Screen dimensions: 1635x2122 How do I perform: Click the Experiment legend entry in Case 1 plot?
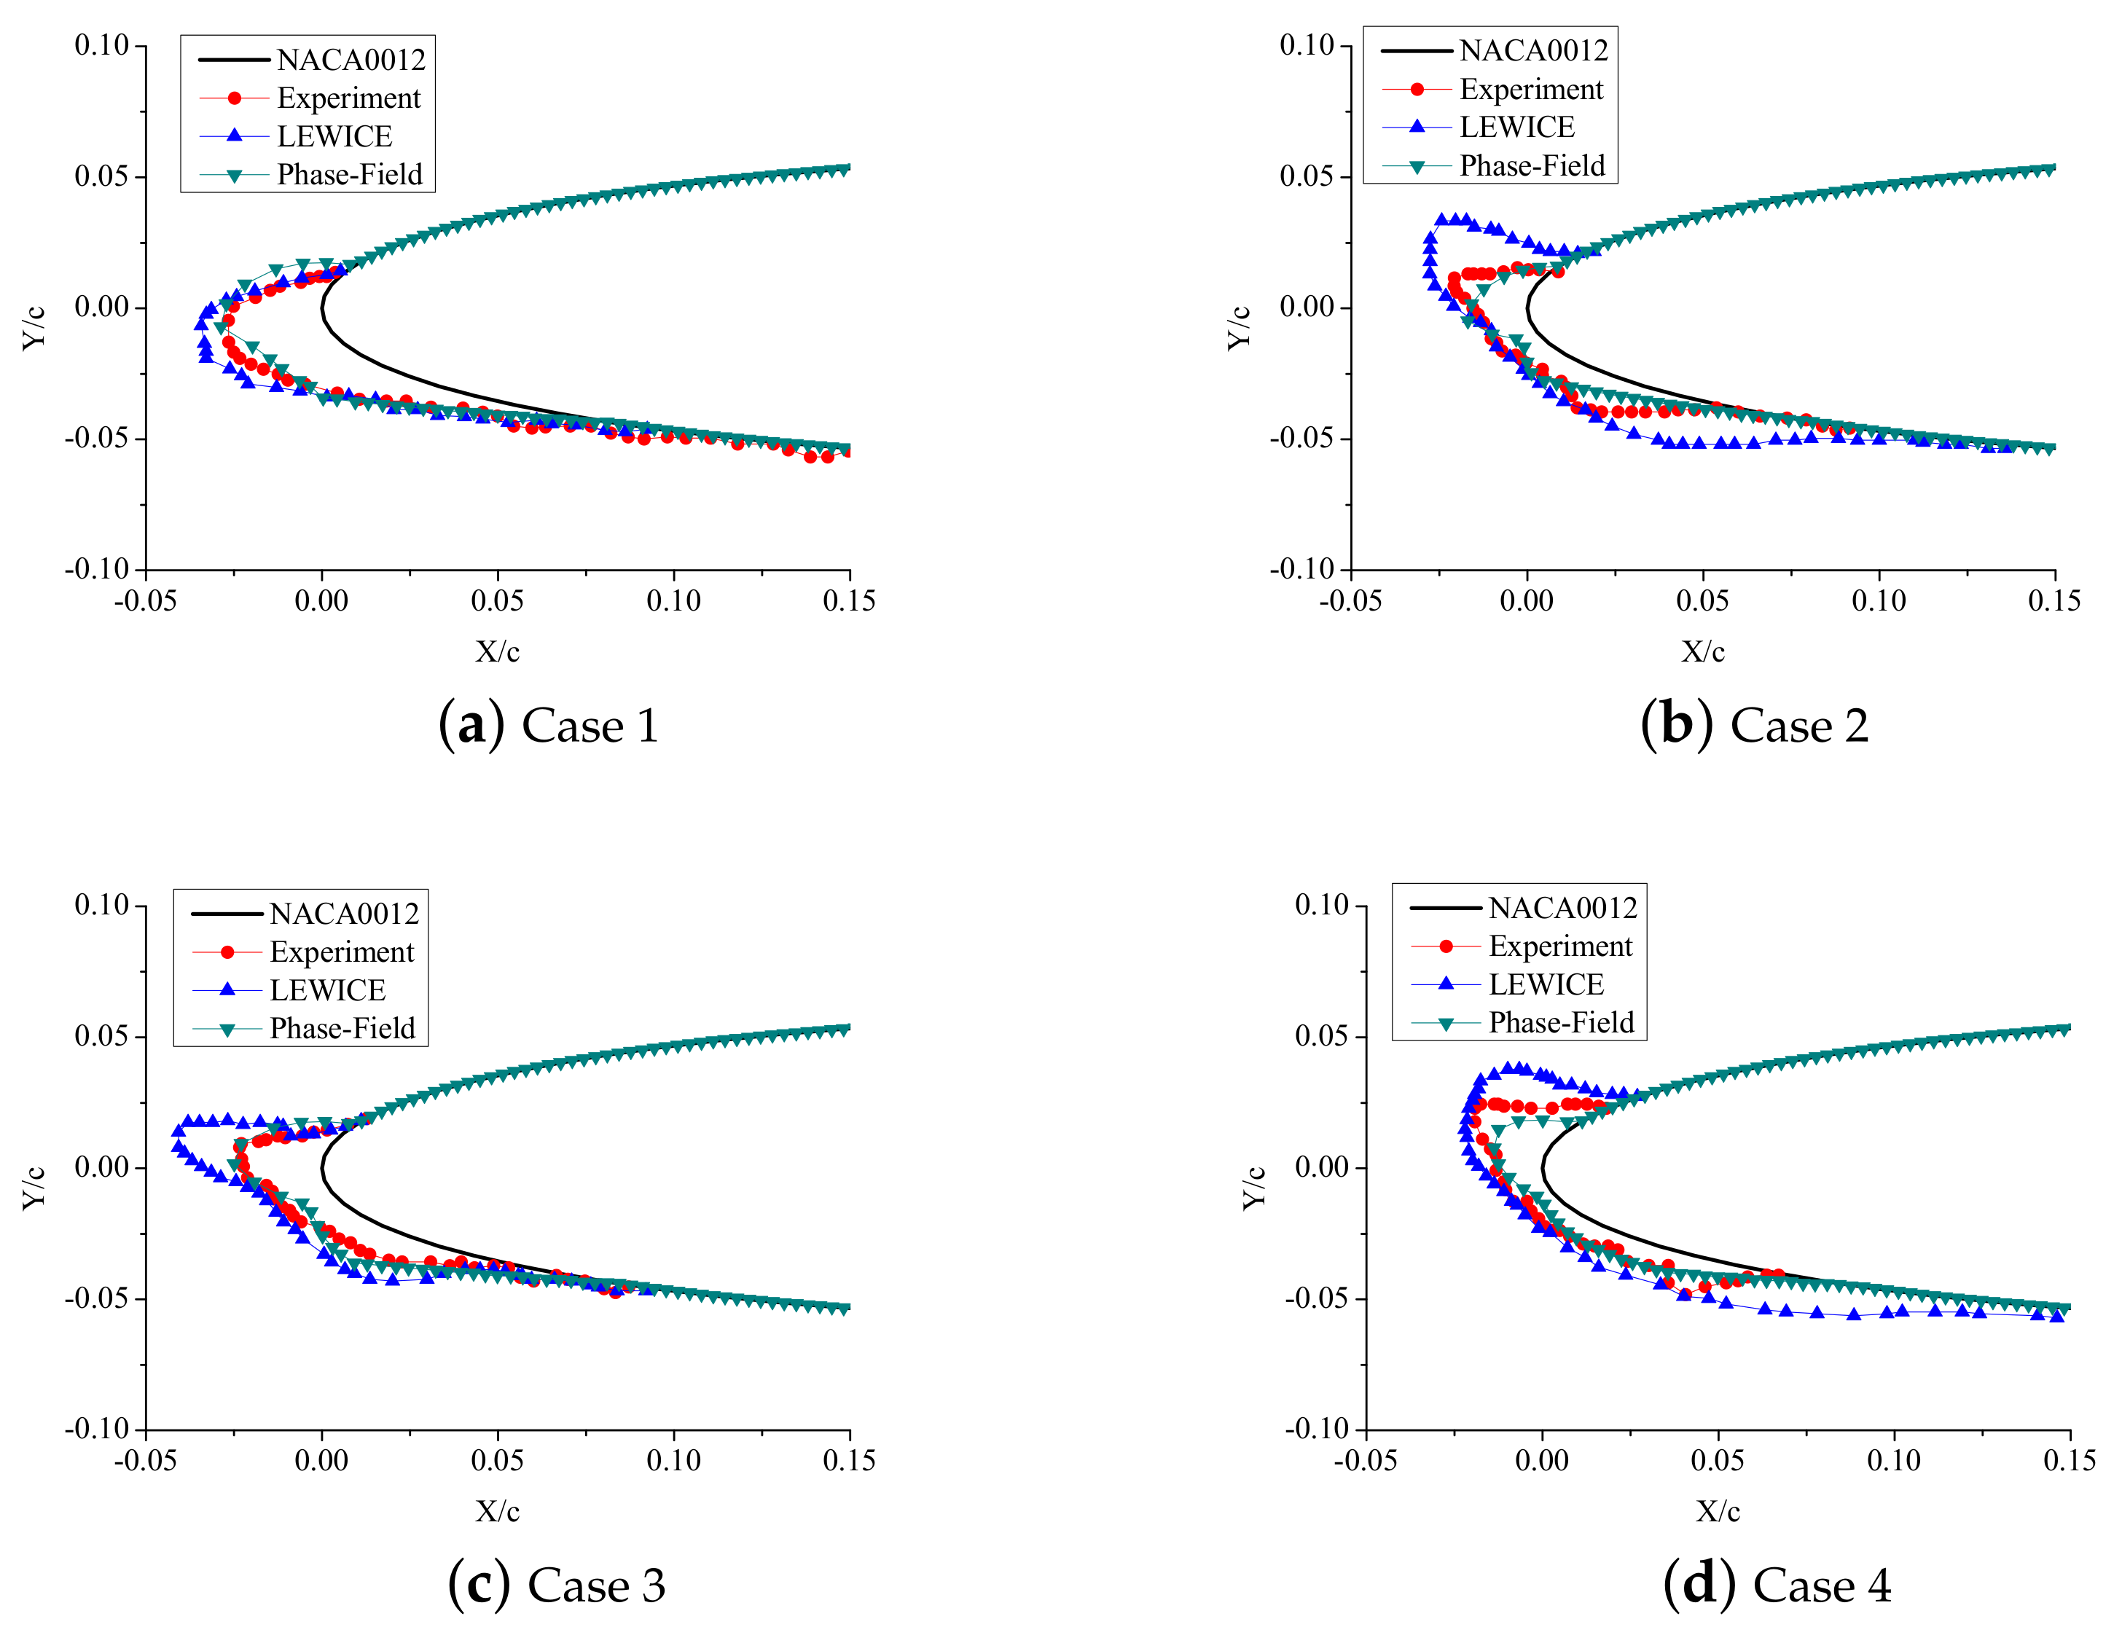click(348, 98)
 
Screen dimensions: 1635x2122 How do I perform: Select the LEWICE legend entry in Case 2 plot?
click(1516, 128)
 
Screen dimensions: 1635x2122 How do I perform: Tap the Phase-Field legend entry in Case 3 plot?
click(342, 1028)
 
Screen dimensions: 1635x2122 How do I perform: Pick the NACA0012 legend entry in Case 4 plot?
click(1562, 907)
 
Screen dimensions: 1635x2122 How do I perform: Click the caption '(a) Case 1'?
click(549, 726)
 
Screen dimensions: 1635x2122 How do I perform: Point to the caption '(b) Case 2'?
click(1754, 726)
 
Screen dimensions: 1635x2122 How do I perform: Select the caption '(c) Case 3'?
click(556, 1585)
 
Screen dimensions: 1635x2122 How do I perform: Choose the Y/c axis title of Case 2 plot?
click(1238, 327)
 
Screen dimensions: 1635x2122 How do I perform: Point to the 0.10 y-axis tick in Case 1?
click(102, 46)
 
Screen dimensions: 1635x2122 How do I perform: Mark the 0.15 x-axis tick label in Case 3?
click(849, 1460)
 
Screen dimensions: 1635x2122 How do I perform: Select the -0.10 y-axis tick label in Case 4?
click(1318, 1429)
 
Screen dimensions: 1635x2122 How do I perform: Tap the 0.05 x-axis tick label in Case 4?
click(1718, 1460)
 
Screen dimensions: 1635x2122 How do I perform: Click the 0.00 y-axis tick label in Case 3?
click(102, 1167)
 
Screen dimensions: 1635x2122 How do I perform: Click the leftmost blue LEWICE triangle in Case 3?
click(178, 1131)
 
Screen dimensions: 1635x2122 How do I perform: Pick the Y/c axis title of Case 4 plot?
click(1253, 1187)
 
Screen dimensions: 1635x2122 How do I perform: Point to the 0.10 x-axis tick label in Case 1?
click(673, 600)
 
